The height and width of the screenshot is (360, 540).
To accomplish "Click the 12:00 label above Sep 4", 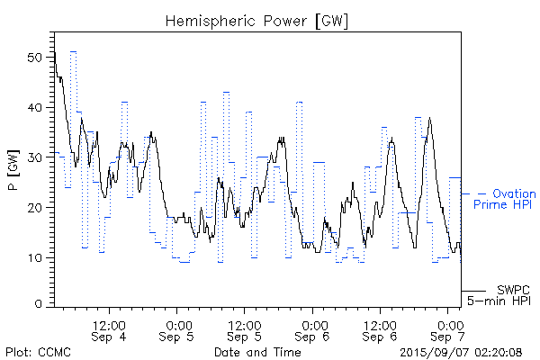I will [x=109, y=323].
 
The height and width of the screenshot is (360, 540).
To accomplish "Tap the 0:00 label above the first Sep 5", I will [x=177, y=323].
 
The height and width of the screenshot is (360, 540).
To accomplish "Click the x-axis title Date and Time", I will [x=257, y=352].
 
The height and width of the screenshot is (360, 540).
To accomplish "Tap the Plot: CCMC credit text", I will [x=39, y=352].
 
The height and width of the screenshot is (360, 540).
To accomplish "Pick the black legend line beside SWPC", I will [x=473, y=291].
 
